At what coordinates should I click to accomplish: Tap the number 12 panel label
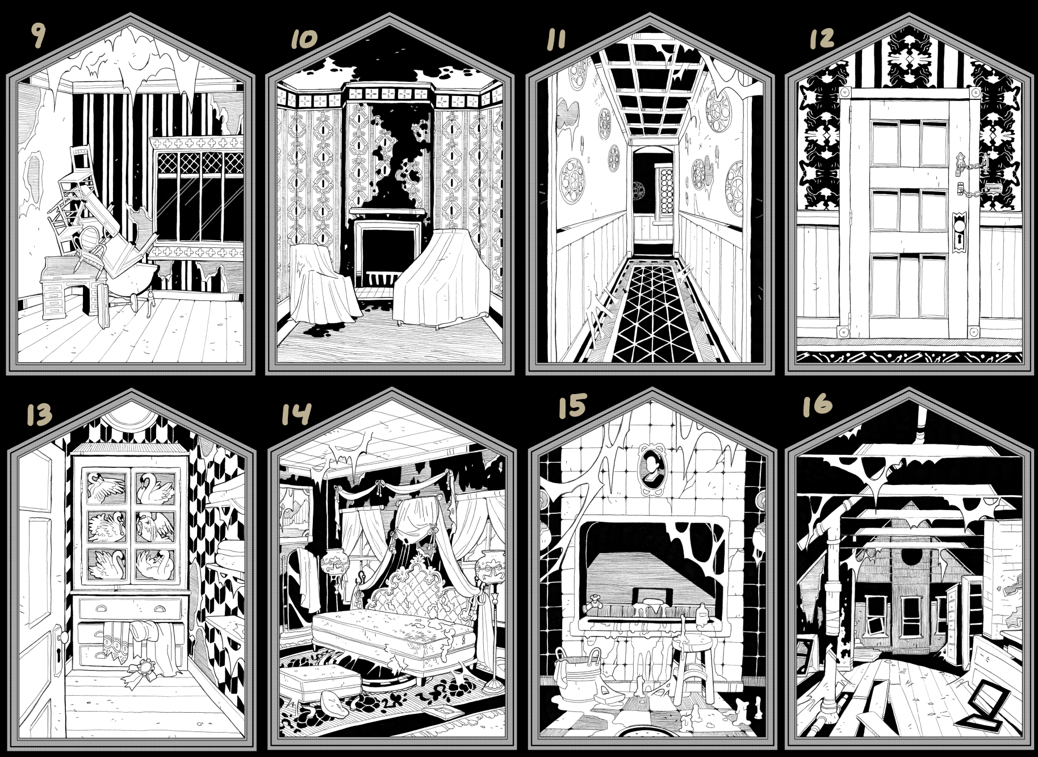tap(821, 37)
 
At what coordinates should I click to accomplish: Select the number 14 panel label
tap(296, 413)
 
